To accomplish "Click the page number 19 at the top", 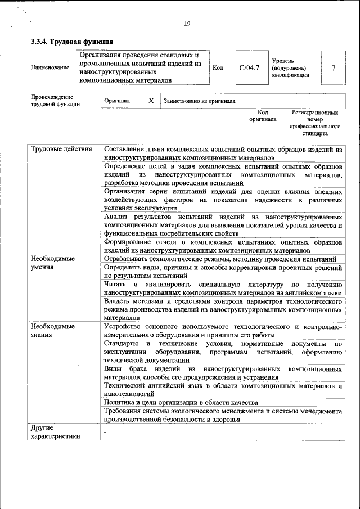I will [187, 23].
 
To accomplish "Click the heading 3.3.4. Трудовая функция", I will [72, 42].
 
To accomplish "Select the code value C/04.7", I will [249, 68].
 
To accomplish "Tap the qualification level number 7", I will [334, 68].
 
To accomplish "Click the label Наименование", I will [51, 68].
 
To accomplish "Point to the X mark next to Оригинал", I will [151, 101].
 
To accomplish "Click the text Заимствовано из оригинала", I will [200, 101].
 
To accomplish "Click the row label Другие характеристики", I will [55, 432].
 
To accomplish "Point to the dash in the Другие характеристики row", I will [105, 431].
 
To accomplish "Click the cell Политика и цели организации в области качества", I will [181, 402].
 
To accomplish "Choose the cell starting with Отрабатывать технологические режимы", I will [220, 259].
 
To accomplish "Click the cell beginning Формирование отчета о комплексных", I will [223, 245].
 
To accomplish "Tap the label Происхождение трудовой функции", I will [55, 101].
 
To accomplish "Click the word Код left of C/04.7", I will [218, 68].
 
